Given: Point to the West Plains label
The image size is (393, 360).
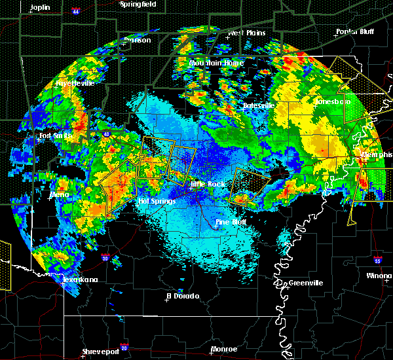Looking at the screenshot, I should tap(244, 33).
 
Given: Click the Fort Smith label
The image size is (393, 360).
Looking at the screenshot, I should tap(54, 136).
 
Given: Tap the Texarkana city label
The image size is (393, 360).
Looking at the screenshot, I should tap(79, 280).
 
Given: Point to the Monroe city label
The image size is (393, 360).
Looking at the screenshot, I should tap(223, 349).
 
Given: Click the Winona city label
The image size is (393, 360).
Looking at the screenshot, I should tap(379, 276).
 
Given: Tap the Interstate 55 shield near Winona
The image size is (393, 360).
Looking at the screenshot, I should tap(378, 261).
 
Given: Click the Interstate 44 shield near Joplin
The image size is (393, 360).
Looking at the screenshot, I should tap(76, 12).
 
